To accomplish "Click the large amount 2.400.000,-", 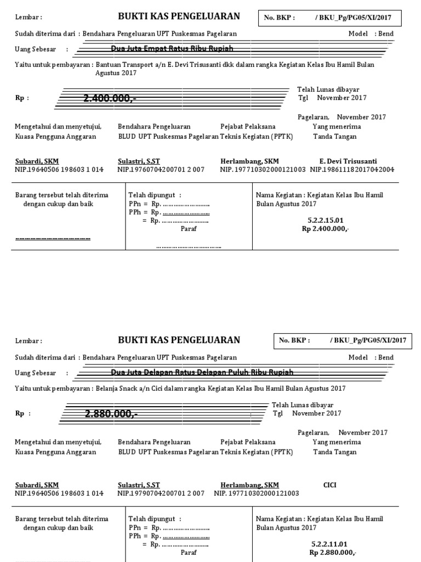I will click(x=110, y=98).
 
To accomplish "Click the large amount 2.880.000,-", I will click(x=111, y=414).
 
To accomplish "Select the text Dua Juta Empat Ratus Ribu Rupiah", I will click(x=172, y=49).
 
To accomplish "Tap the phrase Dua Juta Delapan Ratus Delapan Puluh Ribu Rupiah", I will click(x=202, y=372).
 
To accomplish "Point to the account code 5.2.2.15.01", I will click(x=326, y=220).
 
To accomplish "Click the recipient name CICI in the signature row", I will click(x=330, y=485).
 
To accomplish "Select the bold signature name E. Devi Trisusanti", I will click(x=348, y=161).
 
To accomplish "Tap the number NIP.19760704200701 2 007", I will click(x=161, y=170).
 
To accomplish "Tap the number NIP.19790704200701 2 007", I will click(x=161, y=493).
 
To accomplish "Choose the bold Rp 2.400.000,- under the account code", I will click(x=326, y=229).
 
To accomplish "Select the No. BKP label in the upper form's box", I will click(x=279, y=18).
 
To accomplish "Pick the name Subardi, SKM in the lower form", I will click(x=37, y=485).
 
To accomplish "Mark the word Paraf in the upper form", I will click(x=188, y=229).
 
